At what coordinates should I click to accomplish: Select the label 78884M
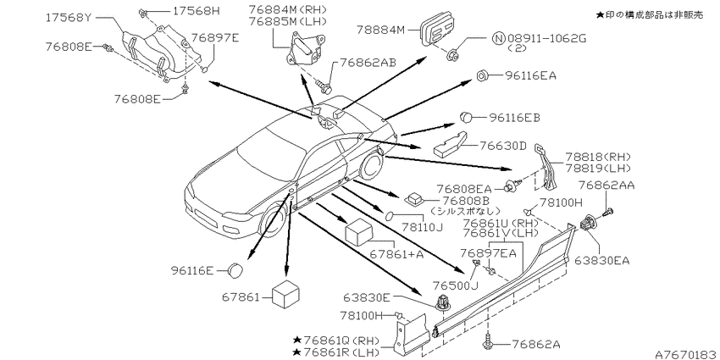381,30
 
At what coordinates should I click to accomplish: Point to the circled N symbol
498,39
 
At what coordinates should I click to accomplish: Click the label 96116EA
530,75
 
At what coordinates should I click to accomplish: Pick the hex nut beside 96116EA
482,75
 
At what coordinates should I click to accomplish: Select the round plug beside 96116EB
467,117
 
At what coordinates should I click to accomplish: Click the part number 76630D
502,146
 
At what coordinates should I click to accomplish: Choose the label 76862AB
368,63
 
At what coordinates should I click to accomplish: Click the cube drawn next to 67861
285,293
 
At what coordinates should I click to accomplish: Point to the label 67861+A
397,254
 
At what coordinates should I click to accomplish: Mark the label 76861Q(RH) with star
336,341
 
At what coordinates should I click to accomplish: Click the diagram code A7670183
687,354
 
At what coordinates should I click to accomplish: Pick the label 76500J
457,285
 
